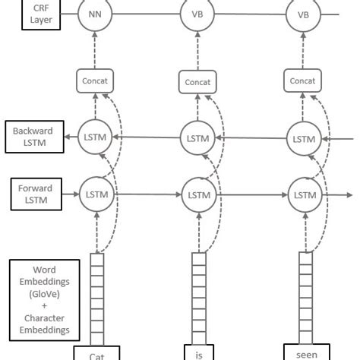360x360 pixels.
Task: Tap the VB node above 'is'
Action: point(197,14)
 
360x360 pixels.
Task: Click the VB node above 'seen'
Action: point(303,14)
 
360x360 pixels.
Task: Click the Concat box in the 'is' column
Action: point(197,81)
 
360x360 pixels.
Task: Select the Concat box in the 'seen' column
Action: point(303,80)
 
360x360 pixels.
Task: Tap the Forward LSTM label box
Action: point(33,194)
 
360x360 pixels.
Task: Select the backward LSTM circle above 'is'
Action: point(197,139)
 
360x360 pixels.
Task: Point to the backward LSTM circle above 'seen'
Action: point(303,139)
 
